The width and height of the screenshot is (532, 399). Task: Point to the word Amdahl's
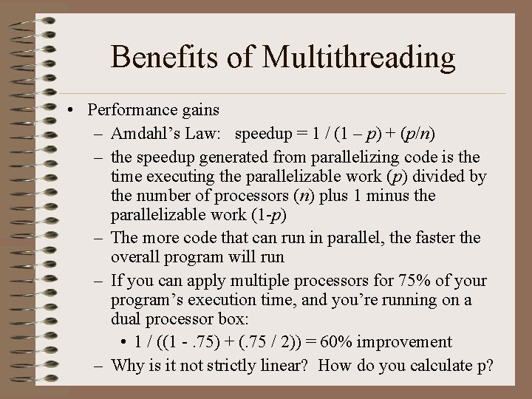click(143, 134)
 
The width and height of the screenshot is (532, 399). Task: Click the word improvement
click(414, 341)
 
